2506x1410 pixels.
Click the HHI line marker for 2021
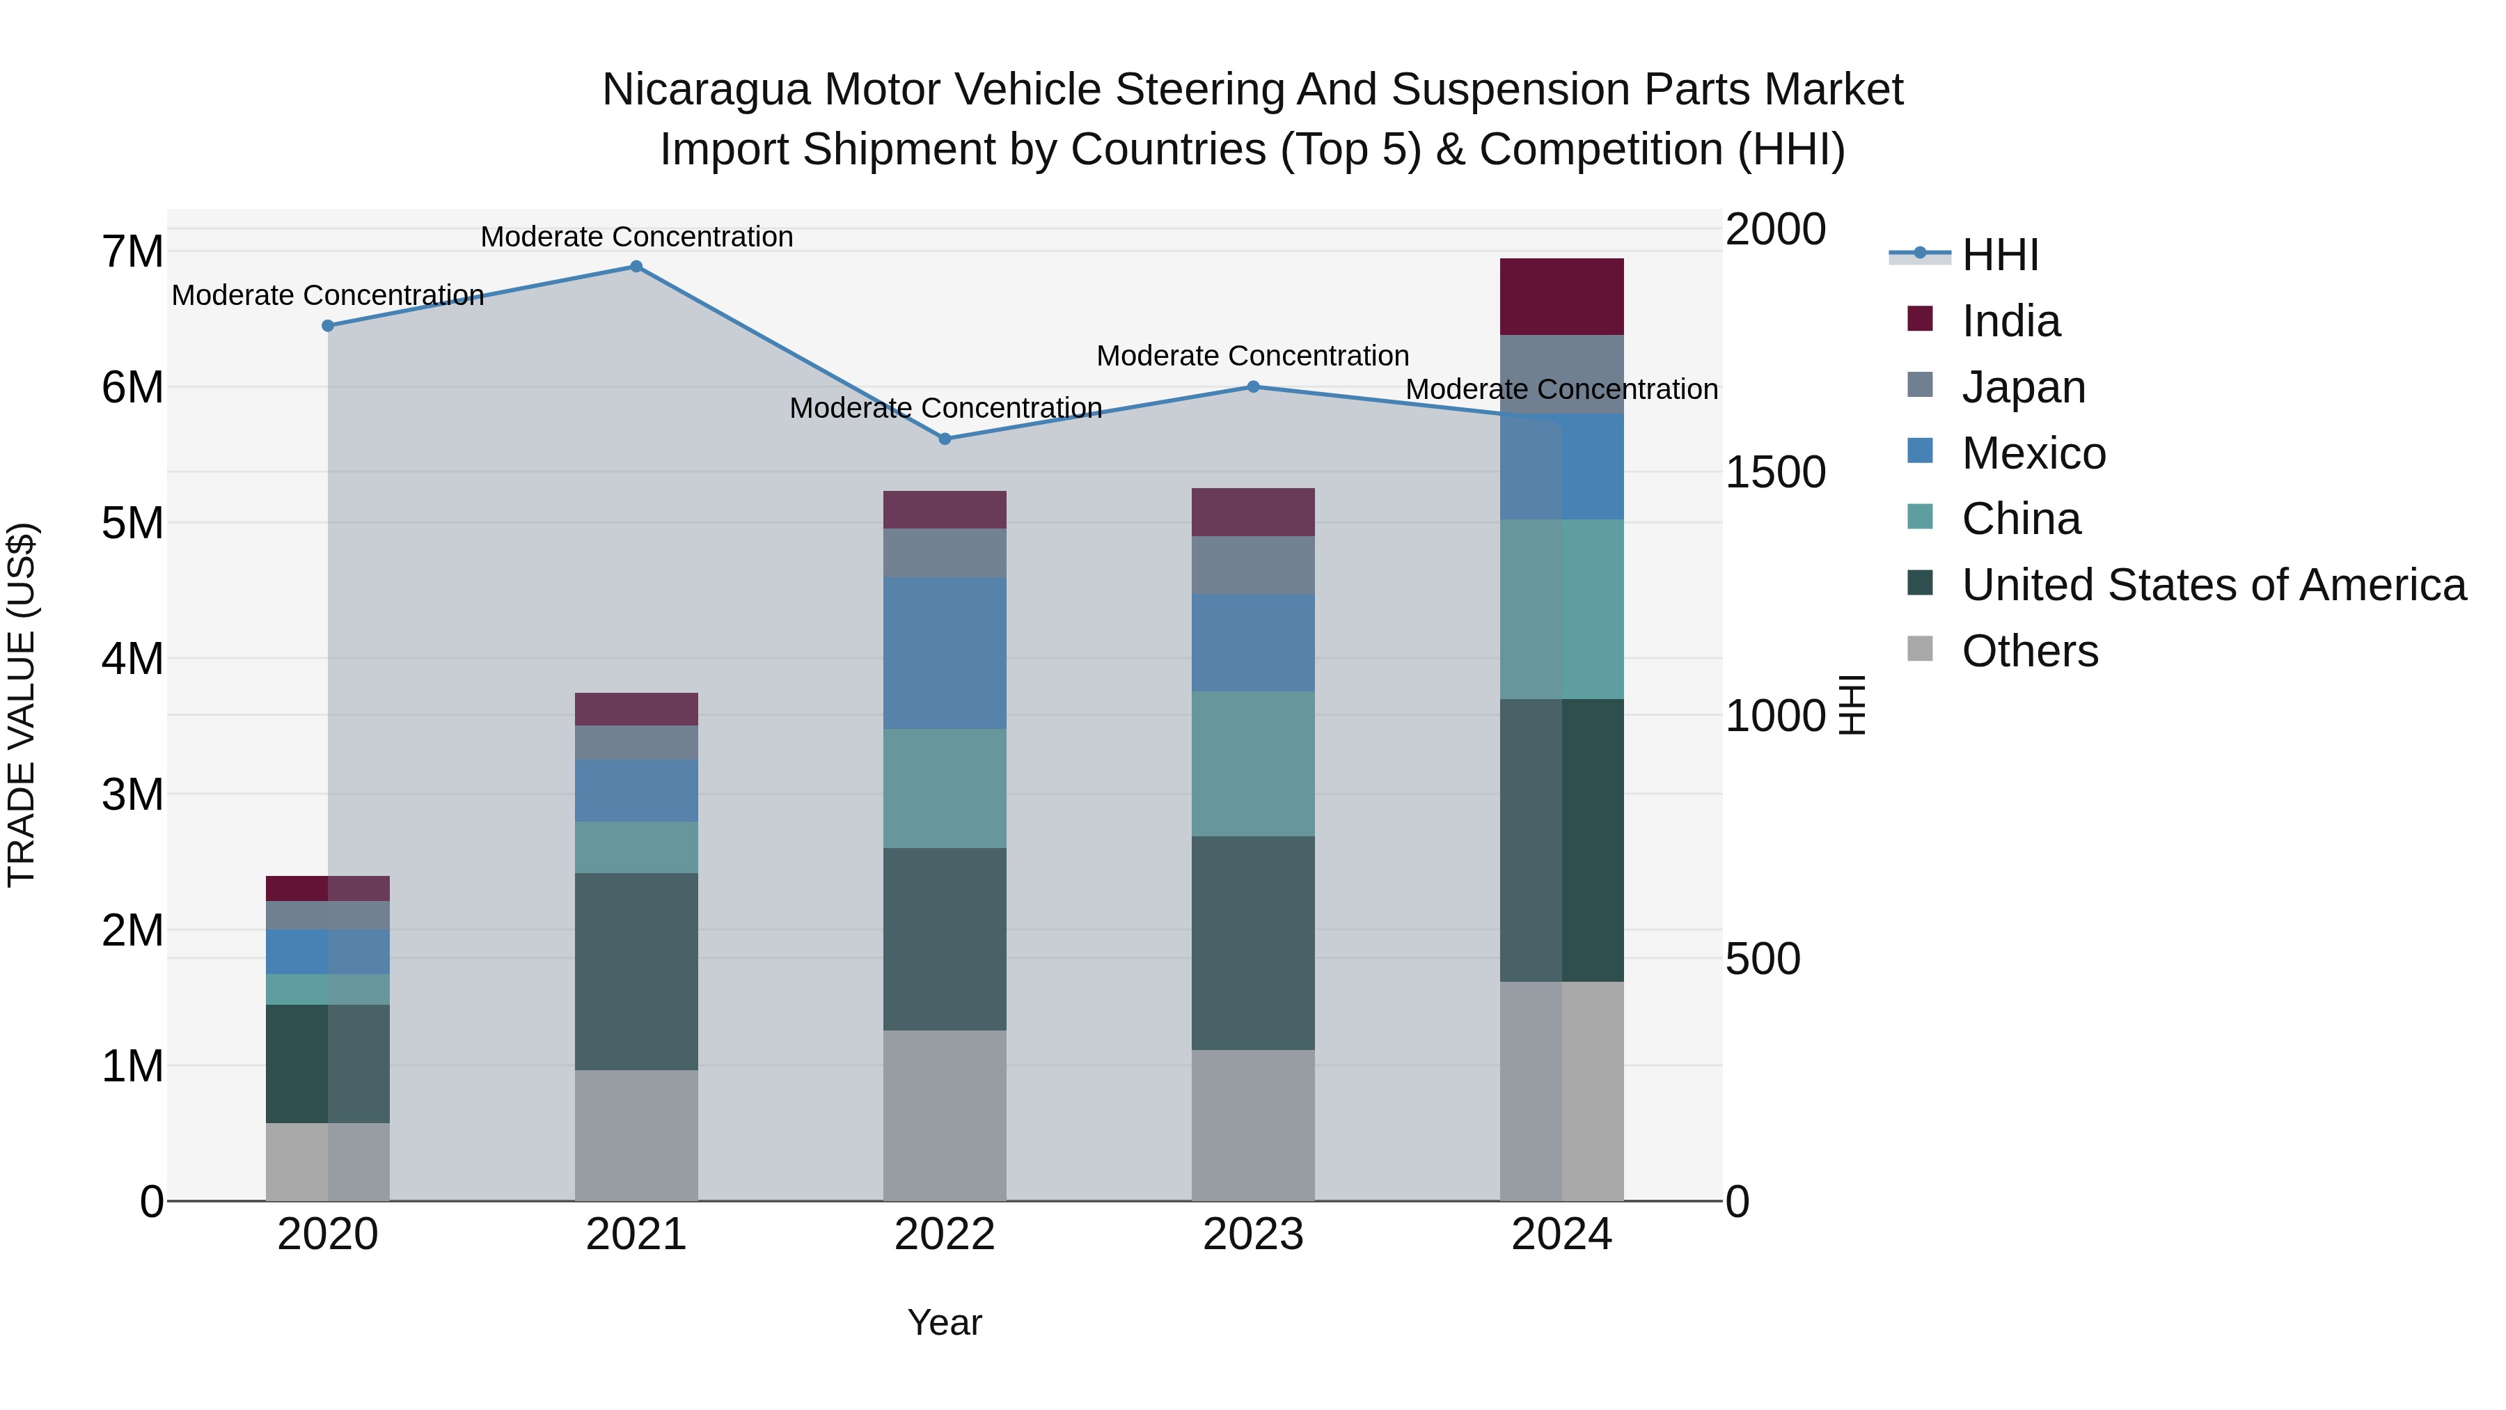636,267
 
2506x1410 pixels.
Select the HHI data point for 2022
945,439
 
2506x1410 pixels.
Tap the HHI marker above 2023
1253,387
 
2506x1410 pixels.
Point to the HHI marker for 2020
328,326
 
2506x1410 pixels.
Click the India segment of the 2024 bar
1561,297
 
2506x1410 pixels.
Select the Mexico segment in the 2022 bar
945,653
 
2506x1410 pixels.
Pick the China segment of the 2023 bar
1253,764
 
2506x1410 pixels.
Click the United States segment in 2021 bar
636,971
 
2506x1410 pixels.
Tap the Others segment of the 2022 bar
945,1115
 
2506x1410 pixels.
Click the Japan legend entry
2024,387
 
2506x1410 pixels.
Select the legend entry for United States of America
2213,585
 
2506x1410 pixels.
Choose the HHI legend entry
1999,255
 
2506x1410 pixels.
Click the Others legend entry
2029,651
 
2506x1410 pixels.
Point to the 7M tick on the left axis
132,252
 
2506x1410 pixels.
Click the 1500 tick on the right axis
1775,473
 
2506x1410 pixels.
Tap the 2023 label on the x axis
1253,1235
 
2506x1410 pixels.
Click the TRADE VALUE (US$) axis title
22,705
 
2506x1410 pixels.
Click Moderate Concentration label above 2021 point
636,237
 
